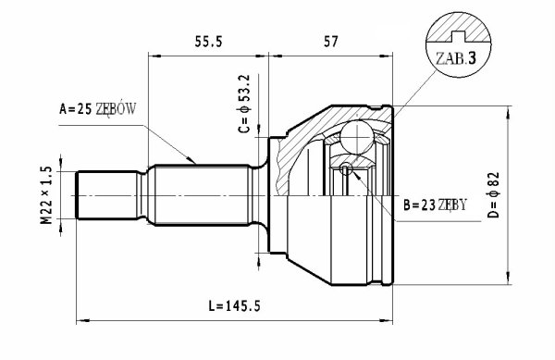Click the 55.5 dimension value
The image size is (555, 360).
point(208,42)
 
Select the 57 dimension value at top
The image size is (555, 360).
point(330,42)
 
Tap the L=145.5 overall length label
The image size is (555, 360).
point(234,305)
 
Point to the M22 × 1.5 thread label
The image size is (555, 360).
point(46,195)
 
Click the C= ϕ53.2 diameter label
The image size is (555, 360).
point(244,104)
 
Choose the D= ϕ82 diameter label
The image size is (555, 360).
point(493,194)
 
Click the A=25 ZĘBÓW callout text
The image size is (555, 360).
point(97,108)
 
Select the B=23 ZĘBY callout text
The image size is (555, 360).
point(436,205)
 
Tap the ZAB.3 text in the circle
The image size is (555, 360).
point(456,58)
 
